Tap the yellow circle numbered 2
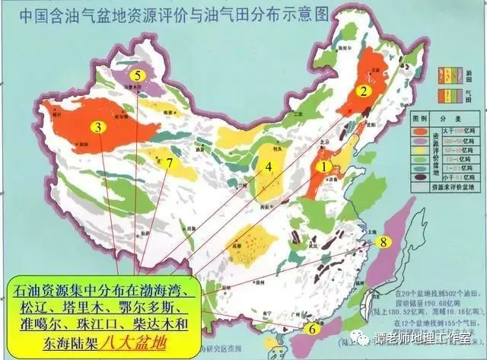tap(364, 91)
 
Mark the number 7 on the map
tap(170, 163)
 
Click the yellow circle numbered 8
tap(384, 242)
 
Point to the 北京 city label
tap(325, 142)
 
